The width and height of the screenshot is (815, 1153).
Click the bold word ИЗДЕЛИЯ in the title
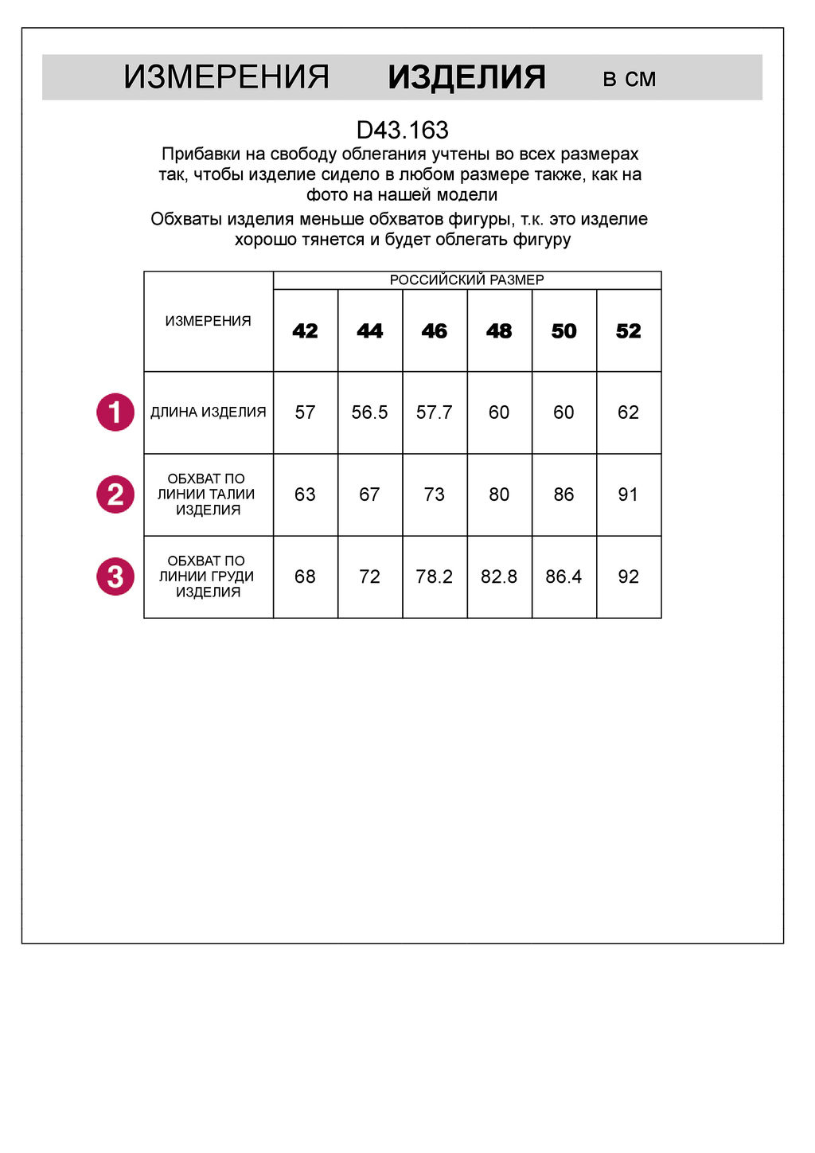coord(466,77)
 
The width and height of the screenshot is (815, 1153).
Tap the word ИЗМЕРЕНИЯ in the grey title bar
coord(226,77)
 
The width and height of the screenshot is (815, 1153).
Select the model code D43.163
coord(402,130)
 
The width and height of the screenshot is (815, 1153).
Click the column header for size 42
coord(305,330)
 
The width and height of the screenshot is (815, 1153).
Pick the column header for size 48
coord(499,330)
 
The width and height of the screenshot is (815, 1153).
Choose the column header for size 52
coord(628,330)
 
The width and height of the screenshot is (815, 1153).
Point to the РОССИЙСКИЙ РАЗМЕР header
coord(466,280)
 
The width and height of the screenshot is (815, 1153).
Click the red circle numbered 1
coord(115,412)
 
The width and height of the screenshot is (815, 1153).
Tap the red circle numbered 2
coord(115,494)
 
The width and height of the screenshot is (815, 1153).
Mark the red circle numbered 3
coord(115,576)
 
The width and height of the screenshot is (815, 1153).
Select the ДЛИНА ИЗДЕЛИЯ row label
coord(208,412)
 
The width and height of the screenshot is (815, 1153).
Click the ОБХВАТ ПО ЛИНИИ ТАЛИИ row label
coord(207,494)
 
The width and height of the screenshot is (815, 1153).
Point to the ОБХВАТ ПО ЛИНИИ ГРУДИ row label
coord(207,576)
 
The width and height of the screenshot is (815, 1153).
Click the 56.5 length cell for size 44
coord(369,412)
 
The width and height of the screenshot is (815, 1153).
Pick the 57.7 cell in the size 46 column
coord(434,412)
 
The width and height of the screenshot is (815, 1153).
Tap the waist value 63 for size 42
coord(305,494)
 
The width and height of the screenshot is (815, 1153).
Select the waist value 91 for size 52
coord(628,494)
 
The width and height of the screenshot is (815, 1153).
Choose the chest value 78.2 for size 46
coord(434,576)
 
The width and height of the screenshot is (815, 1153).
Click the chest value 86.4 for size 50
coord(563,576)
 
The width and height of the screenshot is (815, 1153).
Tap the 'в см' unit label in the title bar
coord(629,79)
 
